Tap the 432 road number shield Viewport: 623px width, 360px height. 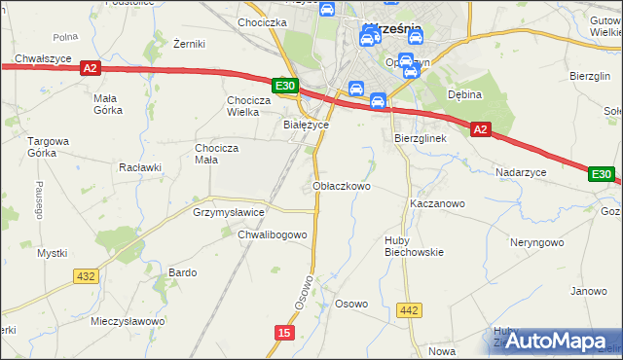(x=86, y=276)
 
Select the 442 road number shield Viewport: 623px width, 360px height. (x=410, y=310)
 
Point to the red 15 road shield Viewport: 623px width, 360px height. (x=283, y=333)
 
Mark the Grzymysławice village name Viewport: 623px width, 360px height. (x=230, y=211)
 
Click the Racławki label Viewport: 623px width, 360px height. (x=139, y=166)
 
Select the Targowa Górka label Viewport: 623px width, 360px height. (x=48, y=147)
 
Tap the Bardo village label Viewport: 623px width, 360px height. (x=183, y=272)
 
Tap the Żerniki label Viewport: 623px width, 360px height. (x=186, y=44)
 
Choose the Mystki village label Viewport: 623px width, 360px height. (x=52, y=253)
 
